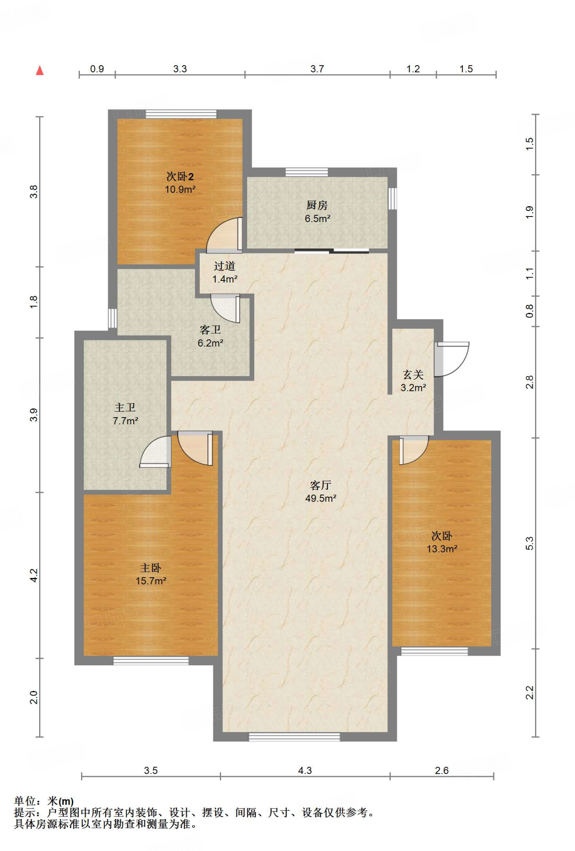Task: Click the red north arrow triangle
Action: point(40,70)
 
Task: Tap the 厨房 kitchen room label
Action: point(317,205)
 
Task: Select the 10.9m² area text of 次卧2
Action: point(180,189)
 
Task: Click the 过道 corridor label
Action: point(225,266)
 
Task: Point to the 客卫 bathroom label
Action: point(210,330)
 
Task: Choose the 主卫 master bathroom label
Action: point(125,408)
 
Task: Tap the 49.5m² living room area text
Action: point(320,498)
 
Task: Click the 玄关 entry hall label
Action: point(413,375)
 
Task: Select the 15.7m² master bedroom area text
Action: point(151,581)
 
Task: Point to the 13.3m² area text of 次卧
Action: point(442,549)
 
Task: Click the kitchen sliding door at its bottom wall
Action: point(332,251)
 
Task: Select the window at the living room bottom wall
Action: point(294,737)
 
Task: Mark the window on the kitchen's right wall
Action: point(392,199)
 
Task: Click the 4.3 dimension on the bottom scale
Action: point(305,770)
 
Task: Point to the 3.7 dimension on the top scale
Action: point(317,69)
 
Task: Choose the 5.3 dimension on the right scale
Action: point(529,543)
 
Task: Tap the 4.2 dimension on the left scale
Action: point(34,575)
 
